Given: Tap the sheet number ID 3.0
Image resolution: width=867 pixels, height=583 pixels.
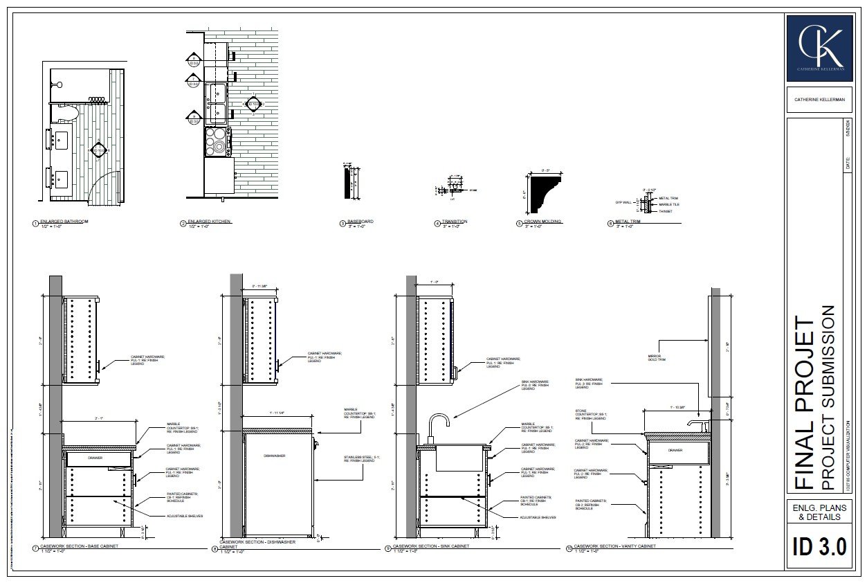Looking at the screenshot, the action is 819,547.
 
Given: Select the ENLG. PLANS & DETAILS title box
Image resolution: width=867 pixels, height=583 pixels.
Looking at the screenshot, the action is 819,512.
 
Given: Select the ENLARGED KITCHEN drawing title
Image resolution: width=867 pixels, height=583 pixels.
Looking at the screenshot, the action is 209,222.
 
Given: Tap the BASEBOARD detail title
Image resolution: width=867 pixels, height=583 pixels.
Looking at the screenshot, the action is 361,222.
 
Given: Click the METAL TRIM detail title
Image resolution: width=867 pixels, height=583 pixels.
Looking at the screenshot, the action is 628,222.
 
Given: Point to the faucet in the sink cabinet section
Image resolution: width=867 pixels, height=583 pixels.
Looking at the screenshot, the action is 437,424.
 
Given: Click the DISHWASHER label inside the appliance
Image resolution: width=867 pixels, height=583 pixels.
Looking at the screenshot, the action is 275,456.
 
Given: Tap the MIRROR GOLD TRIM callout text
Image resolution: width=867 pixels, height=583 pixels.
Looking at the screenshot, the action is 656,358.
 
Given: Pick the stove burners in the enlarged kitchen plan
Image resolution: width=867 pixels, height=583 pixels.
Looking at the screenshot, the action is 217,140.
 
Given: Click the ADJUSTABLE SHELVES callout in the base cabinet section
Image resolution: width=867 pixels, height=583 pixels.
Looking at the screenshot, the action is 184,516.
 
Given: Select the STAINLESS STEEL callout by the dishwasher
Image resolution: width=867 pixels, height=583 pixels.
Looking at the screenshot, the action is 358,458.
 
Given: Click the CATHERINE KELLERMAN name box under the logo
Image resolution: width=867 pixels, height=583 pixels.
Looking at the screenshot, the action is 819,99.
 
